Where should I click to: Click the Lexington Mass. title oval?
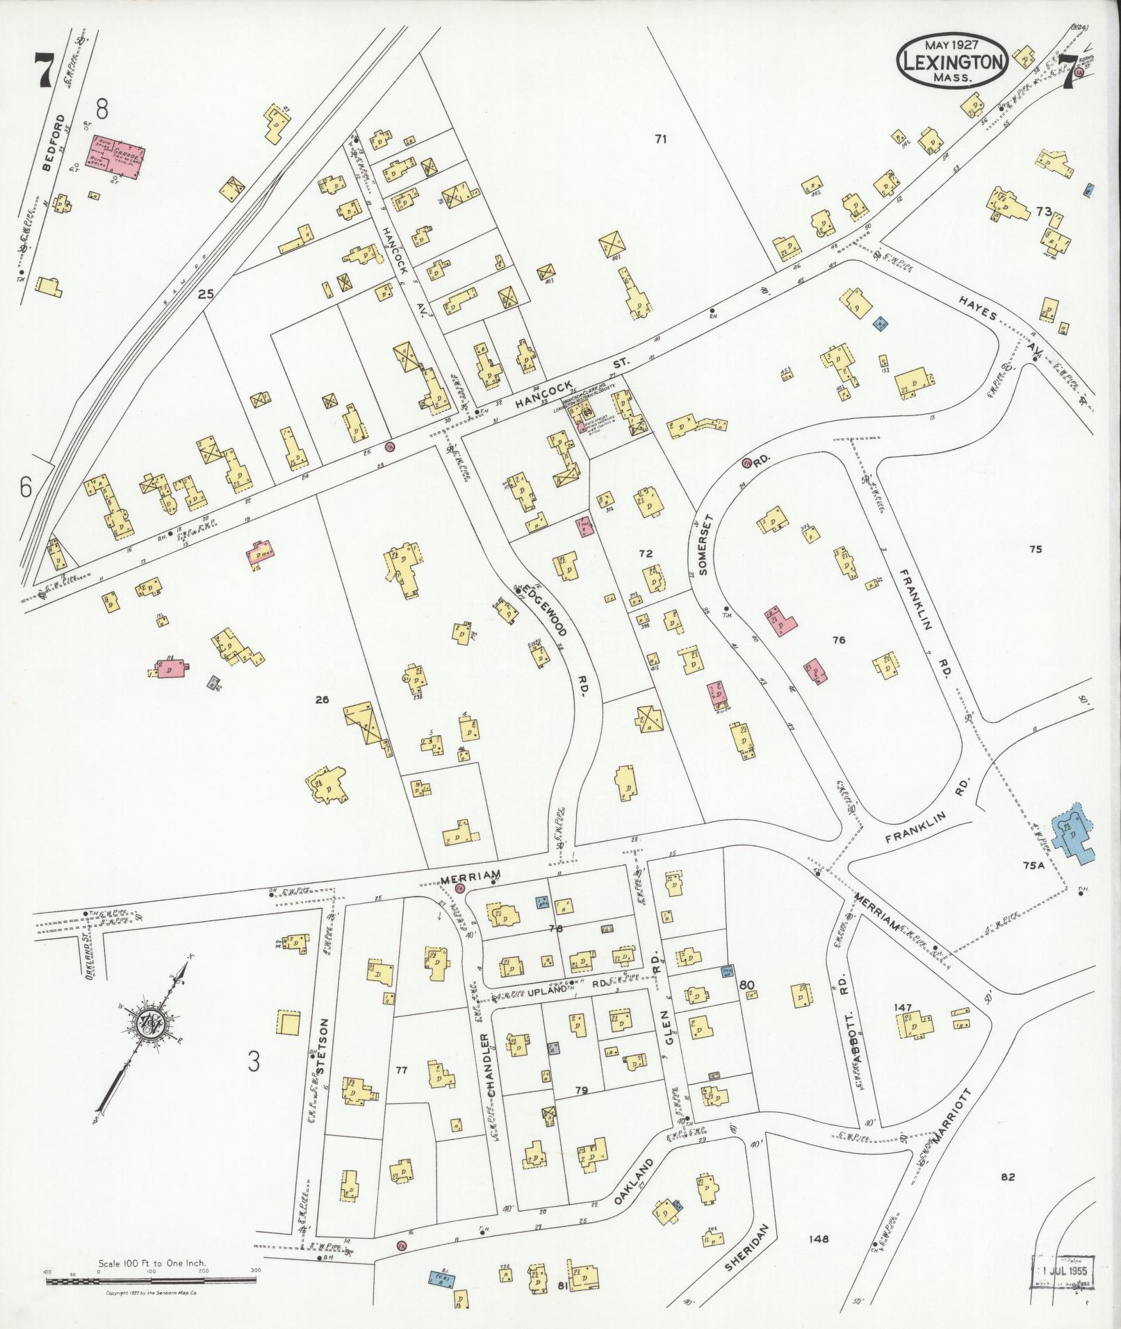click(952, 60)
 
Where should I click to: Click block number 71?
click(660, 139)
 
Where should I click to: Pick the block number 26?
click(322, 700)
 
